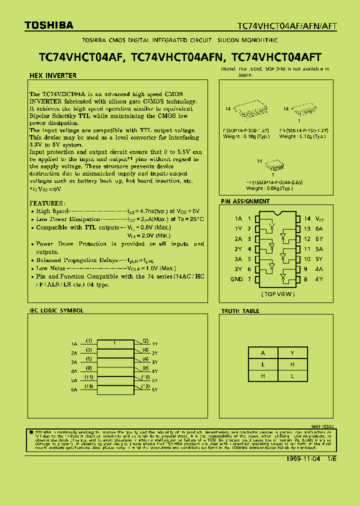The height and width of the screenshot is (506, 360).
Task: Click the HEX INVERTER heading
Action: [x=53, y=76]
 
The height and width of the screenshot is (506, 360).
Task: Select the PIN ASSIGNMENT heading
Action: [x=245, y=201]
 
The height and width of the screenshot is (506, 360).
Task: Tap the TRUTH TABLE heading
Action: [x=240, y=311]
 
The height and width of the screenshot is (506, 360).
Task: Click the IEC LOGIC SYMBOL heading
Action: [x=56, y=310]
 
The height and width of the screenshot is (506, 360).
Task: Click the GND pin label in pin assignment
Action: [x=236, y=279]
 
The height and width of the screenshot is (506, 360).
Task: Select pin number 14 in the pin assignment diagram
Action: [x=307, y=218]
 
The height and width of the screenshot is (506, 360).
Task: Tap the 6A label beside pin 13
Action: [x=319, y=228]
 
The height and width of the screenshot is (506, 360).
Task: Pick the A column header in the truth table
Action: [x=263, y=353]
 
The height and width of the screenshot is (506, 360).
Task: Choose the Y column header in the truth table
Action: [x=292, y=353]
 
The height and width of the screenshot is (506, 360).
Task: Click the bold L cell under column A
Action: [x=263, y=364]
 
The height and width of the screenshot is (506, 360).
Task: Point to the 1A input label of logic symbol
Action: [x=74, y=344]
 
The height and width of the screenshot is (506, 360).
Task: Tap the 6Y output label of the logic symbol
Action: [x=155, y=389]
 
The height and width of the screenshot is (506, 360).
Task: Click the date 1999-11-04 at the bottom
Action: [x=303, y=459]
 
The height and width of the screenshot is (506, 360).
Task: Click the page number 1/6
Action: [x=332, y=459]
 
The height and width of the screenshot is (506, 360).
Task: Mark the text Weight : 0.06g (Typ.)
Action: [x=269, y=189]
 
